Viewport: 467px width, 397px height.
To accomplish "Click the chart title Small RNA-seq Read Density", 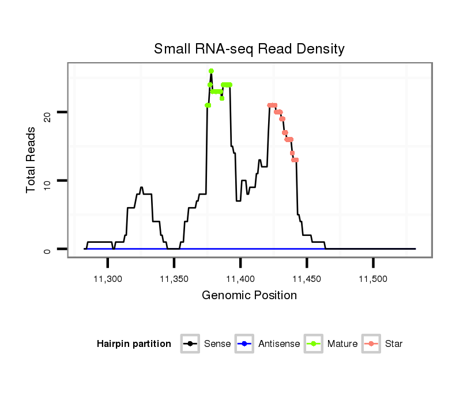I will point(249,49).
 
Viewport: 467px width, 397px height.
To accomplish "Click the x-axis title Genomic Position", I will point(249,296).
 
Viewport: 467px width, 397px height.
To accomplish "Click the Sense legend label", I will point(217,344).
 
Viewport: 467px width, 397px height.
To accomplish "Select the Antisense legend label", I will point(279,344).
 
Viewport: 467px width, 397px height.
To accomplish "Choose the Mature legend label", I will point(342,344).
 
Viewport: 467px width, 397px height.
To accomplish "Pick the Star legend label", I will point(394,344).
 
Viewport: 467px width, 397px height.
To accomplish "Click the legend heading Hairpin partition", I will point(134,344).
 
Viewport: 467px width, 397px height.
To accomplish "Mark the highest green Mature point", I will point(211,71).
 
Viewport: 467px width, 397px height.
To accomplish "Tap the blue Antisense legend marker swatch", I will point(244,344).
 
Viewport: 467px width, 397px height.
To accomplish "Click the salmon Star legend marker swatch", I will point(371,344).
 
